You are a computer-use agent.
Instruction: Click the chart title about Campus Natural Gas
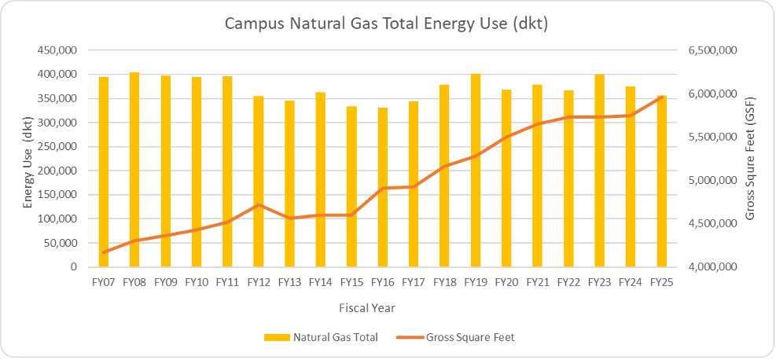coord(386,24)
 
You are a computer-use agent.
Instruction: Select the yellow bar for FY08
coord(134,170)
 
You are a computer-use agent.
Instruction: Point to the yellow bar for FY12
coord(258,182)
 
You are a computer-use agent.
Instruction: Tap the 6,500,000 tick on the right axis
coord(711,50)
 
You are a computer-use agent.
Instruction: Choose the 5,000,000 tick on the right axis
coord(711,181)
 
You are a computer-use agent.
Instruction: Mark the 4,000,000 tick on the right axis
coord(711,267)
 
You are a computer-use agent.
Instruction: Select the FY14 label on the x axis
coord(320,281)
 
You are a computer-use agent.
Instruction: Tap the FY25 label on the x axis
coord(661,281)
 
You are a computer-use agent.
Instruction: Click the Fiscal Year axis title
coord(383,307)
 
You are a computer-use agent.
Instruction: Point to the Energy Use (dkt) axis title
coord(28,158)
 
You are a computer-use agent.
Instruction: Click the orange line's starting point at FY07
coord(104,252)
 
